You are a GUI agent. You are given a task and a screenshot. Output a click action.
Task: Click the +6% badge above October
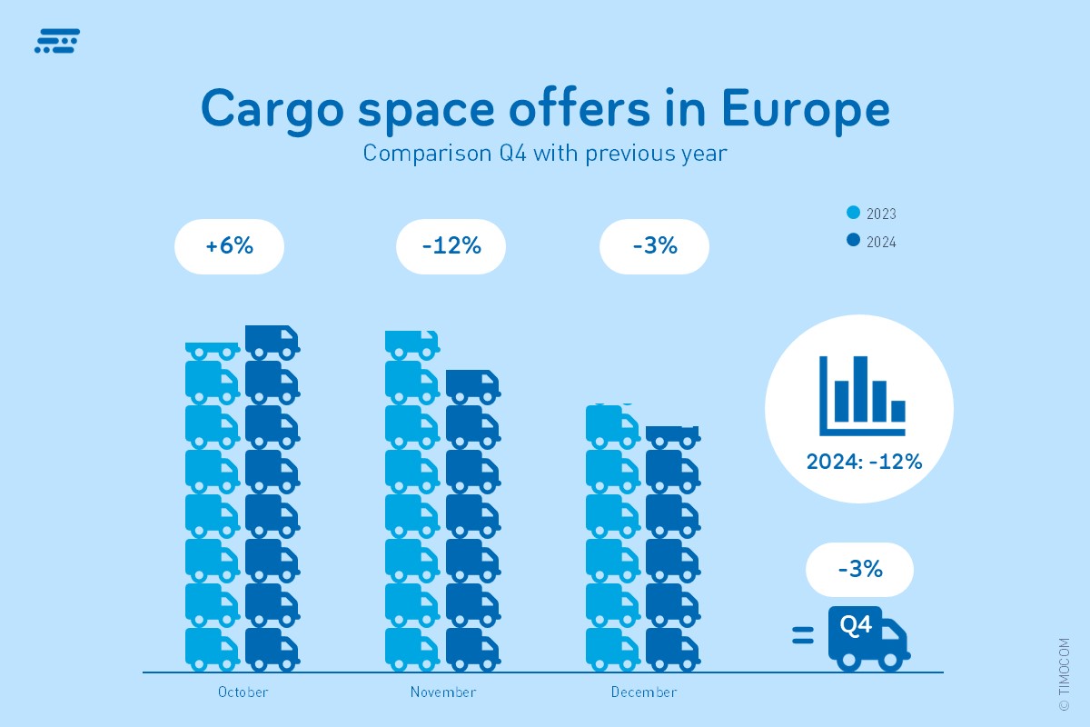(229, 246)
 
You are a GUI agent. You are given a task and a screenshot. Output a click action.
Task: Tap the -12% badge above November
(451, 246)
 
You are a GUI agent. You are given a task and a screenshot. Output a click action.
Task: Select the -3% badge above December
(654, 246)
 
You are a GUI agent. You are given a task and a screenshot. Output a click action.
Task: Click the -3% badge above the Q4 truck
(859, 570)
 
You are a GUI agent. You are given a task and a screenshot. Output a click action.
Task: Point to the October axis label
(243, 692)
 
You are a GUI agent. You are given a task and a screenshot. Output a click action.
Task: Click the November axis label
(443, 692)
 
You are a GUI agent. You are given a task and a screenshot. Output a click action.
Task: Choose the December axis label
(644, 692)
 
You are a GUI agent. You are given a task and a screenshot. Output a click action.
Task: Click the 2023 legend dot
(853, 214)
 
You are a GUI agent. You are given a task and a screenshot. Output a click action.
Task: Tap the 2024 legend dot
(853, 241)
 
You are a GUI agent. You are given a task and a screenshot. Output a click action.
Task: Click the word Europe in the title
(806, 109)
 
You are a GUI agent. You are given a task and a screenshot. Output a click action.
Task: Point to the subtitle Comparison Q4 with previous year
(545, 153)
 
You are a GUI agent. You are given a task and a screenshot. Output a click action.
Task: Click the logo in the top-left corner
(57, 42)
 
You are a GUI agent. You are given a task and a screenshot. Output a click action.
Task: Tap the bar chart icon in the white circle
(861, 394)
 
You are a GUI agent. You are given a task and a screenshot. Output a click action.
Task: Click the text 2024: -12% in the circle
(864, 462)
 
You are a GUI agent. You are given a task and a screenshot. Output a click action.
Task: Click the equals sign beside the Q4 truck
(802, 635)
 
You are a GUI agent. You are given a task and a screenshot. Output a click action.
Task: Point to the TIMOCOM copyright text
(1064, 673)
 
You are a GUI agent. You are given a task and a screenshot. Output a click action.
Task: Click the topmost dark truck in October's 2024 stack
(272, 341)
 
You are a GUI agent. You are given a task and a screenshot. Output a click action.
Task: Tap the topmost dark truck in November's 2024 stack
(472, 386)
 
